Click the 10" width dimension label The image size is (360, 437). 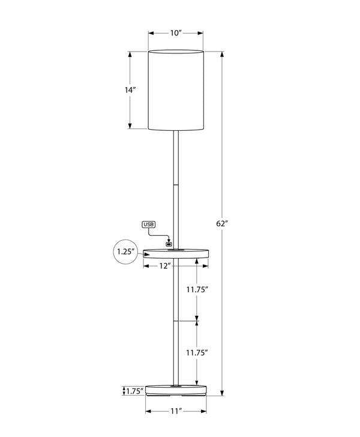click(x=175, y=33)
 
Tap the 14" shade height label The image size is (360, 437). click(x=130, y=90)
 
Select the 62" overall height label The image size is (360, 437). click(x=222, y=223)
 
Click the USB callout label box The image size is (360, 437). click(x=149, y=225)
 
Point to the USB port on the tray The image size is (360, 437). click(x=169, y=244)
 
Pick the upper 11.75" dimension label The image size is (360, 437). click(x=196, y=289)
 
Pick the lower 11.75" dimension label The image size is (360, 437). click(x=196, y=352)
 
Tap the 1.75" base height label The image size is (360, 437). click(x=134, y=391)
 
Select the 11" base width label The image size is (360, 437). click(x=175, y=411)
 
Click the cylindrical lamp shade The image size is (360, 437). click(x=176, y=90)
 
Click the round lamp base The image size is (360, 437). click(x=176, y=391)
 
